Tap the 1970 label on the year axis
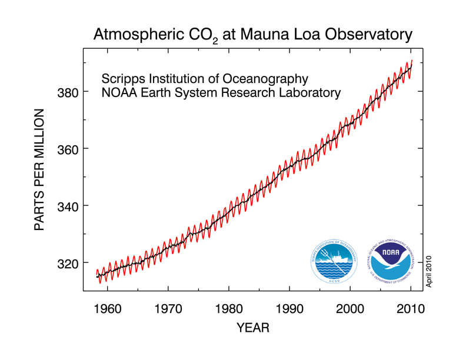[169, 308]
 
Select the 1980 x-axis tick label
[229, 308]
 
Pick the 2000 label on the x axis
[350, 308]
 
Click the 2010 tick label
[411, 308]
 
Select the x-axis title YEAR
[253, 328]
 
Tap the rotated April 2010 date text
[430, 271]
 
